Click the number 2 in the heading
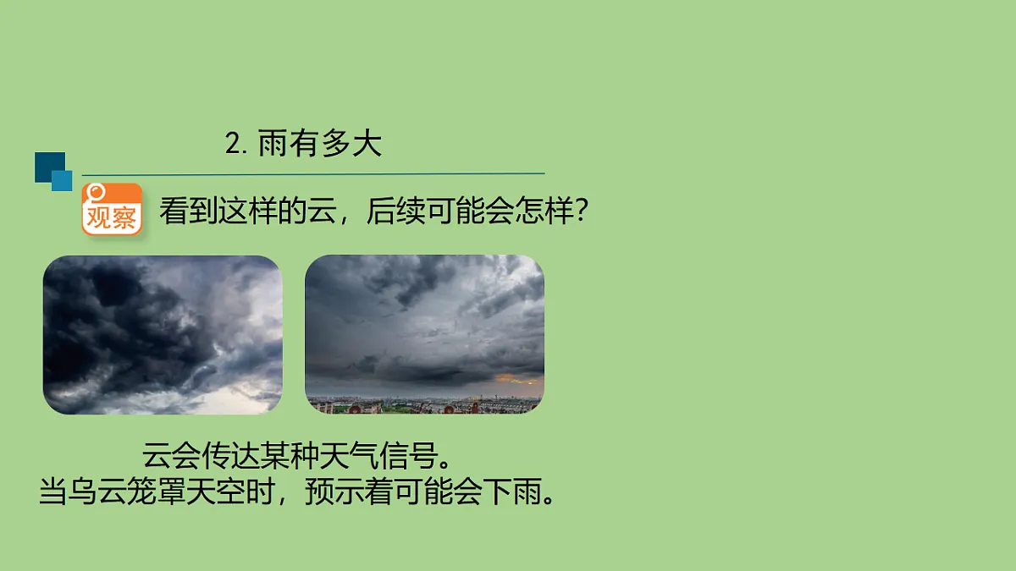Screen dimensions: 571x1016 point(234,145)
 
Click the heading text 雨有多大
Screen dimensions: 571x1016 point(320,144)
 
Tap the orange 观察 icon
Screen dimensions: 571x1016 point(112,209)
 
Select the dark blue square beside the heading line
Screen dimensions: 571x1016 point(48,165)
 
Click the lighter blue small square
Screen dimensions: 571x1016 point(63,180)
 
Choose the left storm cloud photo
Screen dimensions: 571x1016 point(163,335)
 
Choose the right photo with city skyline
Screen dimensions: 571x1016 point(424,334)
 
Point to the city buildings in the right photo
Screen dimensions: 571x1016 point(423,406)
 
